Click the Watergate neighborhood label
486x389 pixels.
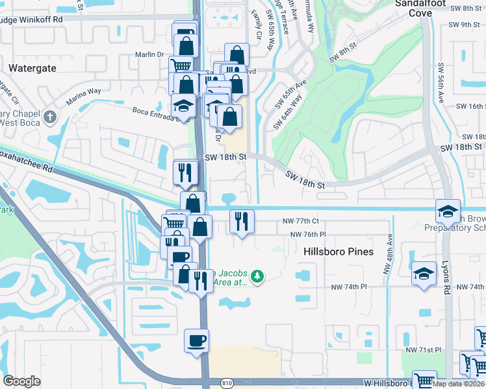(32, 67)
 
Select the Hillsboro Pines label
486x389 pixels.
(339, 251)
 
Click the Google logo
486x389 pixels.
(22, 381)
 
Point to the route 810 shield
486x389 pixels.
(225, 384)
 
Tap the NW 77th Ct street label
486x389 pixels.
(301, 221)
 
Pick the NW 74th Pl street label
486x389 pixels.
(349, 286)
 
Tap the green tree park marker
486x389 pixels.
(258, 277)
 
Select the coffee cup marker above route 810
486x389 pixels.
(196, 340)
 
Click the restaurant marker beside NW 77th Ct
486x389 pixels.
(242, 221)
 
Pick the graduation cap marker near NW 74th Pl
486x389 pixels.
(424, 272)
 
